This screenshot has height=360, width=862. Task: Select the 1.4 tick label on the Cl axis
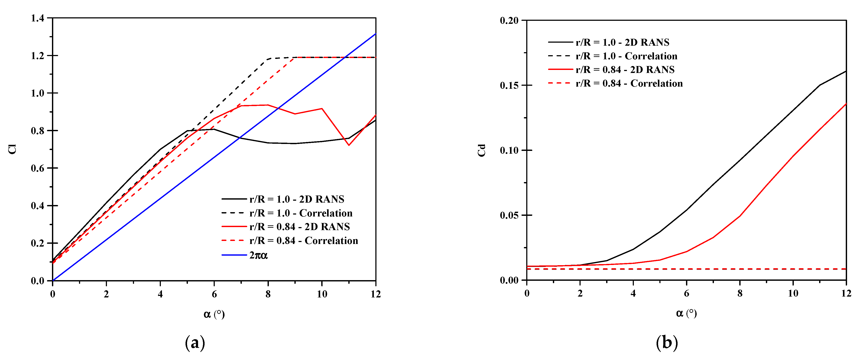[37, 18]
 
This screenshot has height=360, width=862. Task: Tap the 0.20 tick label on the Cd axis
[509, 20]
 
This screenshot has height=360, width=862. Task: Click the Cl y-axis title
[12, 149]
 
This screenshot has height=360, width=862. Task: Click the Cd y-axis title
[481, 150]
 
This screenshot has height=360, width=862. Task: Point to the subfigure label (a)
[195, 343]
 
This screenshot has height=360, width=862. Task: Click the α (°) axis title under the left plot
[214, 314]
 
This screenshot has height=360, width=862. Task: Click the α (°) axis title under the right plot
[686, 313]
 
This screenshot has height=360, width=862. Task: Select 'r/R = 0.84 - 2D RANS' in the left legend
[299, 227]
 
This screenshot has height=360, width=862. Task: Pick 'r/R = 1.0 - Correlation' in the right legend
[626, 56]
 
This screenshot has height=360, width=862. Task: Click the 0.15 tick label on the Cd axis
[509, 85]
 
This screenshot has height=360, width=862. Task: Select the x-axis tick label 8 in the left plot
[268, 294]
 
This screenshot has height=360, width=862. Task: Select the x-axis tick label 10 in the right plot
[793, 293]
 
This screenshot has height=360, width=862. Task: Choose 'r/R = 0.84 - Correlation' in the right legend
[629, 83]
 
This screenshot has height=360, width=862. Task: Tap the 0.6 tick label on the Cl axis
[37, 168]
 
